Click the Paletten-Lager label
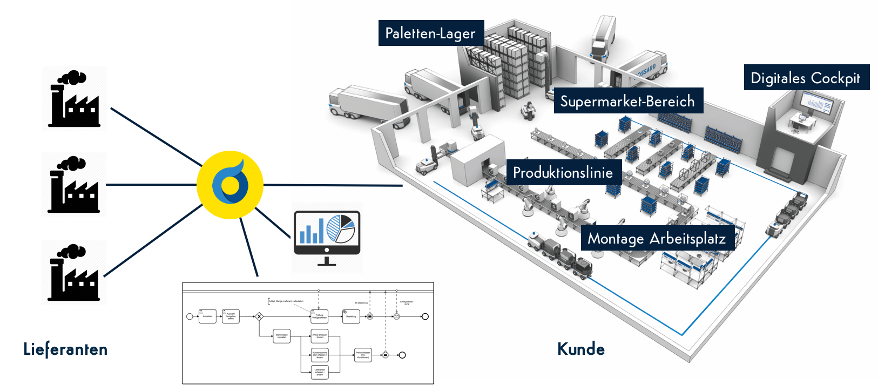(x=430, y=33)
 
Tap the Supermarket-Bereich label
(x=628, y=101)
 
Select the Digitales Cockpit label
(x=806, y=78)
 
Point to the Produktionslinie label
(x=563, y=173)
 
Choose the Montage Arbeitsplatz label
(x=657, y=238)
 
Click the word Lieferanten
(x=65, y=349)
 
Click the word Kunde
(x=581, y=349)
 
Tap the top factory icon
(x=75, y=99)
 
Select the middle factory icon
(x=75, y=185)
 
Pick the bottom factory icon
(x=75, y=273)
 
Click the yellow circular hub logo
(x=230, y=185)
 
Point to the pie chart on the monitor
(x=341, y=228)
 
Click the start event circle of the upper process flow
(x=190, y=316)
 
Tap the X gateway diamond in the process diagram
(x=259, y=316)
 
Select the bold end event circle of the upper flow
(x=425, y=316)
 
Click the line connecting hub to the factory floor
(x=335, y=185)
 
